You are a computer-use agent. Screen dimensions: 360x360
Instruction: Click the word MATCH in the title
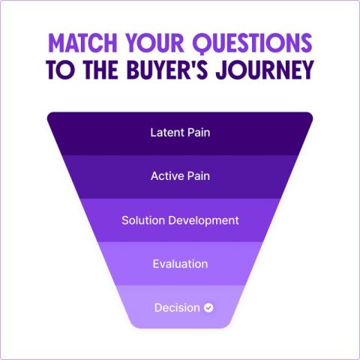82,43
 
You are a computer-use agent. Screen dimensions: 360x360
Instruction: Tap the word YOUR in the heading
154,43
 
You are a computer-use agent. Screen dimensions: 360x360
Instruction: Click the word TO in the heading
60,70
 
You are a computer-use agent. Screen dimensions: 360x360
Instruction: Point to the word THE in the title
100,70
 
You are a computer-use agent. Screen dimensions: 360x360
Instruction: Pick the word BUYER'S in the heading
167,70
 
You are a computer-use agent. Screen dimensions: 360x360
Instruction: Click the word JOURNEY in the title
265,70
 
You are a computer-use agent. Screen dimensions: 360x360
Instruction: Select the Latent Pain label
180,133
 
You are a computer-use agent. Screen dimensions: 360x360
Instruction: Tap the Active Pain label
180,176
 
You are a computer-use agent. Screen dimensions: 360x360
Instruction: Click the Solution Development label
180,220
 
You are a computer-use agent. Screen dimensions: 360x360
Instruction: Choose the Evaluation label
180,264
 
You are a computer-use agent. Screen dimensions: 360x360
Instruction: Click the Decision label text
177,307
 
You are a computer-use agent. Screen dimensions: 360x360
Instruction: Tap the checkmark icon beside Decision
208,307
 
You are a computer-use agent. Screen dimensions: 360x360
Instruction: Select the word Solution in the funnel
143,220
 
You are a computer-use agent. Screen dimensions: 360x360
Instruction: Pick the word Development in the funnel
203,220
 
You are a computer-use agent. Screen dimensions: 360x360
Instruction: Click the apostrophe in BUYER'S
192,64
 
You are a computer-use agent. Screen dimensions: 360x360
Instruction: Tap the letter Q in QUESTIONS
202,43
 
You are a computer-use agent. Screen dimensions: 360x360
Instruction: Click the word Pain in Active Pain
199,176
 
